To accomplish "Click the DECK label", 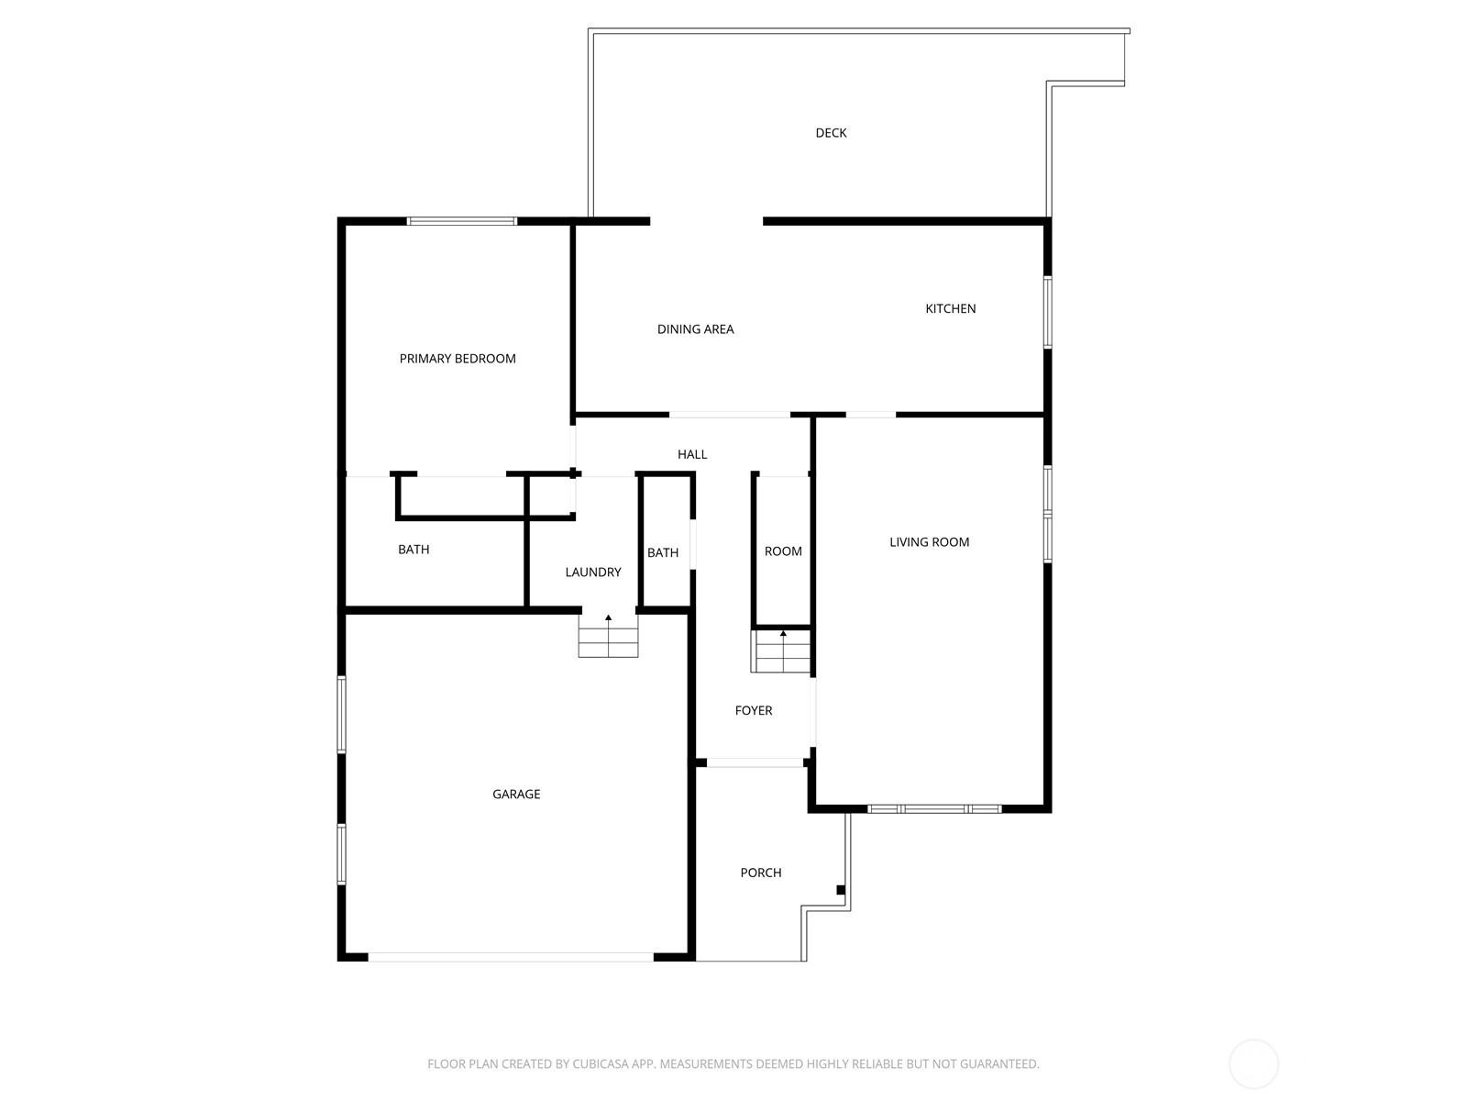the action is pos(831,133).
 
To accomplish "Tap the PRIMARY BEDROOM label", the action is pos(458,359).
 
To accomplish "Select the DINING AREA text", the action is pos(695,328).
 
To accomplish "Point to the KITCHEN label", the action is pos(950,309).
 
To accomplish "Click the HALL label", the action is pos(691,454).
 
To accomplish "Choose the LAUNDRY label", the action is pos(593,573).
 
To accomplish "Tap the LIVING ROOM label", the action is pos(929,542).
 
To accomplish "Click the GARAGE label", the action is pos(516,795).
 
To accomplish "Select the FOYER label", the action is pos(754,710).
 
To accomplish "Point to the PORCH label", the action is pos(761,873).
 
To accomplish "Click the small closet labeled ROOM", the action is pos(783,551).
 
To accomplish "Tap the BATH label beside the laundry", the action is pos(662,553).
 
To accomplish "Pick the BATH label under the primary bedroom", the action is pos(413,550).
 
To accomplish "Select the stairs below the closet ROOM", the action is pos(780,651).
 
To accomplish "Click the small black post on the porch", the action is pos(841,890).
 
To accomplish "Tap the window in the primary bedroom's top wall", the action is pos(462,221).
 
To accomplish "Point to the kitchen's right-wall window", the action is pos(1048,312).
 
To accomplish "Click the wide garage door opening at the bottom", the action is pos(511,957).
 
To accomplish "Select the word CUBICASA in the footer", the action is pos(599,1063).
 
